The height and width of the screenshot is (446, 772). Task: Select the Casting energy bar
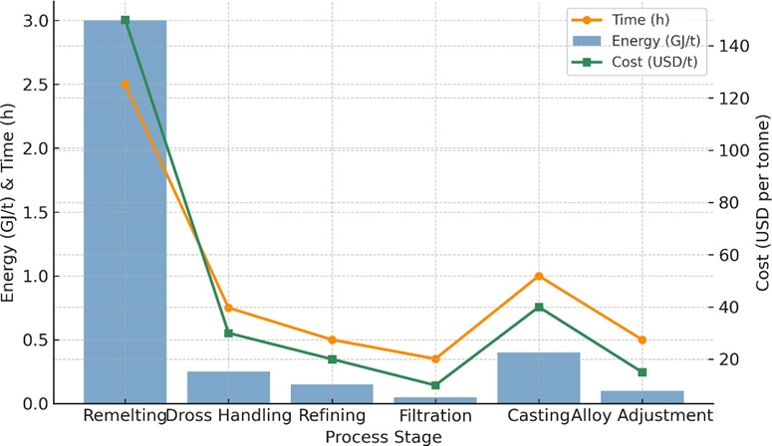539,377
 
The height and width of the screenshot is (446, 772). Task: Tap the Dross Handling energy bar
228,387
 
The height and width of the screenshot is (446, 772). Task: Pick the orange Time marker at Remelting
125,85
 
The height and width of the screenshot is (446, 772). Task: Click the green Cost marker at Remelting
125,20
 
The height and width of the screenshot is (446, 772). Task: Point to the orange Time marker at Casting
539,276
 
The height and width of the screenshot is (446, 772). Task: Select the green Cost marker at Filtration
435,385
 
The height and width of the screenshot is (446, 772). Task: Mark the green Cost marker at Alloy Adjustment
643,372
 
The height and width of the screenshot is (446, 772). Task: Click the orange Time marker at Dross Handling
228,308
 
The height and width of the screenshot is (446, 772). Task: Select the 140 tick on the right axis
729,46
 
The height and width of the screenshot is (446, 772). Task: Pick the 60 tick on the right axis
726,255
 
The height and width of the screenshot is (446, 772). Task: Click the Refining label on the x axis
332,415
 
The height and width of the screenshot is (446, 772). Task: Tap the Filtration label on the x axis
435,415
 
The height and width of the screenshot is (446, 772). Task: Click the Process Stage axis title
384,435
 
